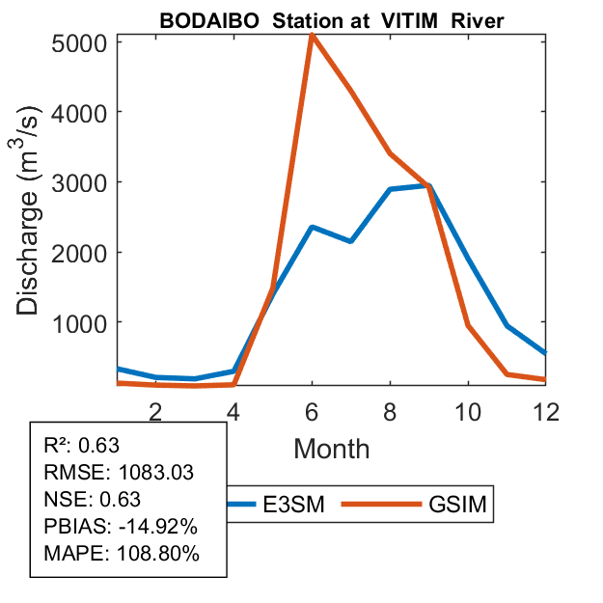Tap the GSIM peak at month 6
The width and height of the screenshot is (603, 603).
pyautogui.click(x=312, y=36)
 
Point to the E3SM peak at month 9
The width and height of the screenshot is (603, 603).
pyautogui.click(x=428, y=185)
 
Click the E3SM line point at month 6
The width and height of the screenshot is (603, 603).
pyautogui.click(x=312, y=227)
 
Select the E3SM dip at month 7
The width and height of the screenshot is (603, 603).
pyautogui.click(x=350, y=241)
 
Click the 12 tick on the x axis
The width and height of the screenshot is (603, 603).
pyautogui.click(x=545, y=409)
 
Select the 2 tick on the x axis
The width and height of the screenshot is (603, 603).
pyautogui.click(x=155, y=409)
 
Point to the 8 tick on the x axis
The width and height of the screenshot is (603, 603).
pyautogui.click(x=390, y=409)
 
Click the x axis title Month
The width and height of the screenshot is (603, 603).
pyautogui.click(x=331, y=448)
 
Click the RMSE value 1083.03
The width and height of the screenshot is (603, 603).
pyautogui.click(x=154, y=473)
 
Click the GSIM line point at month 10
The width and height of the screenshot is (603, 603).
pyautogui.click(x=468, y=325)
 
